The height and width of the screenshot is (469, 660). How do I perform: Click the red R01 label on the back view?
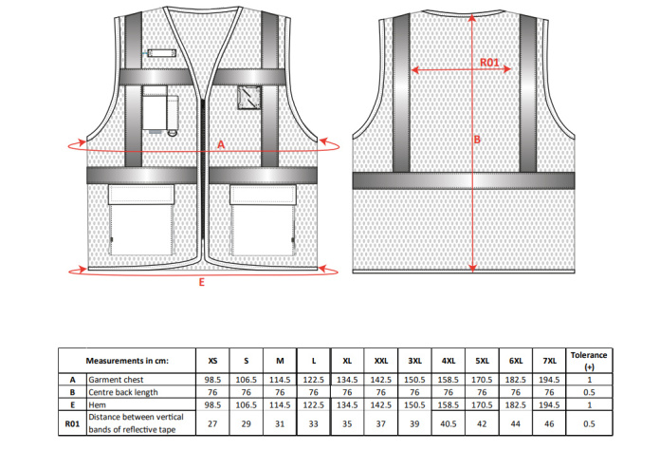tap(489, 63)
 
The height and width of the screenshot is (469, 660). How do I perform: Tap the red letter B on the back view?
tap(477, 140)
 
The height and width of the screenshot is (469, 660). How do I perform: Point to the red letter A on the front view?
tap(221, 144)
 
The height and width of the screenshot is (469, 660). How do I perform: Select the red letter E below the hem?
tap(202, 282)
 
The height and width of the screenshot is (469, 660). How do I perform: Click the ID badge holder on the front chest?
tap(161, 53)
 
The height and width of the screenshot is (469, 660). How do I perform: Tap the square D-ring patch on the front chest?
tap(248, 98)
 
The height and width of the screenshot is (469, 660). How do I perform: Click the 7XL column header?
tap(549, 361)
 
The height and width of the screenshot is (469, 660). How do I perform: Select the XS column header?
tap(212, 361)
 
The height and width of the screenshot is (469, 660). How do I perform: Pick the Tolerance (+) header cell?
tap(589, 361)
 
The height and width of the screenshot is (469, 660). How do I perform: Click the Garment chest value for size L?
tap(314, 380)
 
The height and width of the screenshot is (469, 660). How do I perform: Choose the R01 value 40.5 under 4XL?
tap(449, 424)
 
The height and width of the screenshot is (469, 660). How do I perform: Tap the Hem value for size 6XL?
tap(516, 405)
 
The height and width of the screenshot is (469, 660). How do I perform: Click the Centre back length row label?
tap(123, 392)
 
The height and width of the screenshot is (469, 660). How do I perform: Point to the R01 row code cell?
tap(72, 423)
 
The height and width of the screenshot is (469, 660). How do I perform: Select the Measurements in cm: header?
tap(127, 361)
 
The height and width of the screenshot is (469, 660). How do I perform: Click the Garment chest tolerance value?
tap(589, 380)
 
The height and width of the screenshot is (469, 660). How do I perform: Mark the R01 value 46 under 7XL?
tap(549, 424)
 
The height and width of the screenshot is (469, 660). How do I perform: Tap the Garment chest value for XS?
tap(212, 380)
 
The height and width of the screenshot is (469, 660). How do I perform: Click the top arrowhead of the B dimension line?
tap(472, 17)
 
